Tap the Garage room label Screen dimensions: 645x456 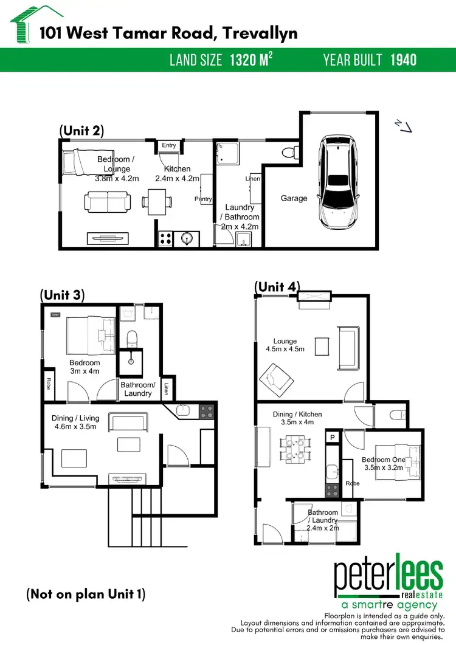pos(294,198)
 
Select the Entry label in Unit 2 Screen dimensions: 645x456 pos(169,145)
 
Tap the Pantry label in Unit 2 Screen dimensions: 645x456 pos(202,199)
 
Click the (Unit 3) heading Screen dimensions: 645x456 pos(62,295)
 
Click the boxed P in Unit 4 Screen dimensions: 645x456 pos(333,437)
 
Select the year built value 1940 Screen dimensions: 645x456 pos(403,60)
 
